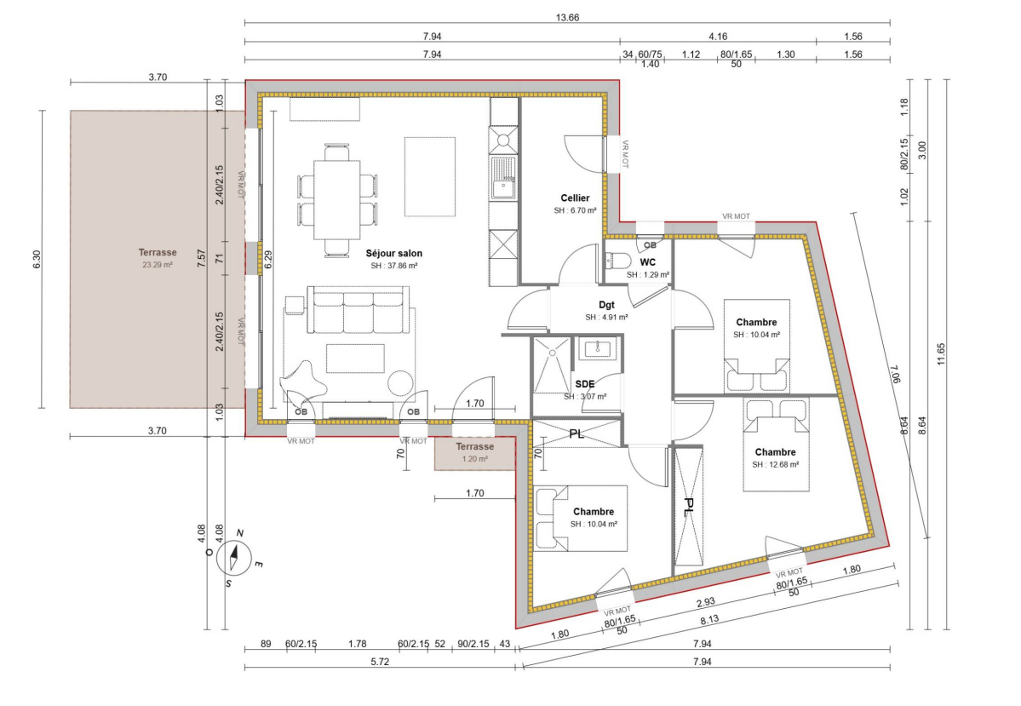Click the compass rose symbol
[234, 558]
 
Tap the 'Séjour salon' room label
[394, 253]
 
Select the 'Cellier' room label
[575, 198]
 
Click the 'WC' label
[648, 262]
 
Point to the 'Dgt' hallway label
[606, 305]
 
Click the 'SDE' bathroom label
[585, 384]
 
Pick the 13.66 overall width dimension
[567, 18]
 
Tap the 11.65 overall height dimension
[941, 354]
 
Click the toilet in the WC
[617, 261]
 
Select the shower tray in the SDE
[552, 364]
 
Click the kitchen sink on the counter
[504, 177]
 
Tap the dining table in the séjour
[336, 200]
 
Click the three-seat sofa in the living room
[361, 311]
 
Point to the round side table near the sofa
[399, 383]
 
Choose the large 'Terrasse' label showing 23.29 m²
[158, 253]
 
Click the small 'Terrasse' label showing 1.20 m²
[474, 447]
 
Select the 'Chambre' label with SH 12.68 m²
[775, 452]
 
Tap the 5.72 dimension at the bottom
[380, 662]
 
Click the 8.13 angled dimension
[709, 619]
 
